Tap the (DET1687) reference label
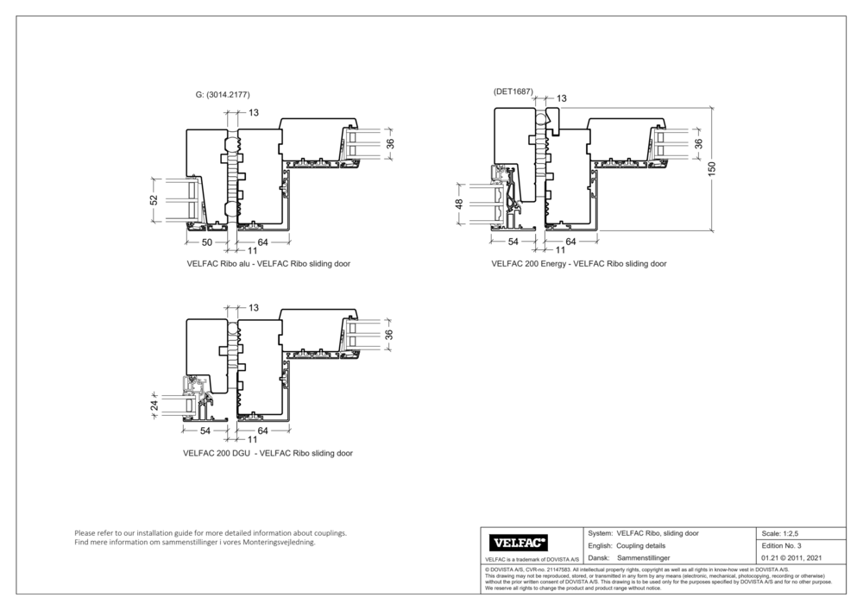coord(513,91)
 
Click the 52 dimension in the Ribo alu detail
coord(154,200)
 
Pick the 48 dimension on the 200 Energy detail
coord(459,204)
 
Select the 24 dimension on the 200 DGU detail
coord(154,404)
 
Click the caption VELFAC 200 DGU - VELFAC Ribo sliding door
coord(268,453)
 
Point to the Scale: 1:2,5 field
coord(785,534)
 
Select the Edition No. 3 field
coord(782,546)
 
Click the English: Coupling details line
coord(626,546)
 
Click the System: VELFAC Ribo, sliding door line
coord(642,533)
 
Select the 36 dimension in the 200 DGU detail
coord(388,334)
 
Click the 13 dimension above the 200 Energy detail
coord(561,99)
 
